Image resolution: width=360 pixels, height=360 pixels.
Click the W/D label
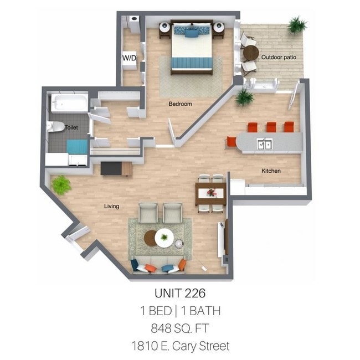(129, 58)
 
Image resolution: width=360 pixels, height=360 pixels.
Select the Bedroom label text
(180, 104)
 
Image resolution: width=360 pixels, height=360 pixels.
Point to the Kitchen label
(271, 171)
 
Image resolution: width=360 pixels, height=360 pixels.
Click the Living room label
(112, 207)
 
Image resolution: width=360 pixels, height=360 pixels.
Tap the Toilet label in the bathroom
(71, 127)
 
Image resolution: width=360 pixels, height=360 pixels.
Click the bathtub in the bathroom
(69, 104)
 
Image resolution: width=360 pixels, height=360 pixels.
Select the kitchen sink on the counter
(264, 145)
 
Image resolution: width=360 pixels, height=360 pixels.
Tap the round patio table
(251, 54)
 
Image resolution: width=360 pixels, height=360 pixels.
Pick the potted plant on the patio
(297, 24)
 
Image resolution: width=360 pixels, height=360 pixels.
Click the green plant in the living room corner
(61, 185)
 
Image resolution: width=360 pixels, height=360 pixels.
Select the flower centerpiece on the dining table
(211, 193)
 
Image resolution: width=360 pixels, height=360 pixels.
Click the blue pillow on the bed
(191, 33)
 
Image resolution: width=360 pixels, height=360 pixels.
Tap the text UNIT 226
(179, 292)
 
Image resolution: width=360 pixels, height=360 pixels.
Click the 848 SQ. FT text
(179, 328)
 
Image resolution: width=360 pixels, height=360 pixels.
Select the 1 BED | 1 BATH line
(179, 310)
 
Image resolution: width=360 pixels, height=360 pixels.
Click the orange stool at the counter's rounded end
(232, 142)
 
